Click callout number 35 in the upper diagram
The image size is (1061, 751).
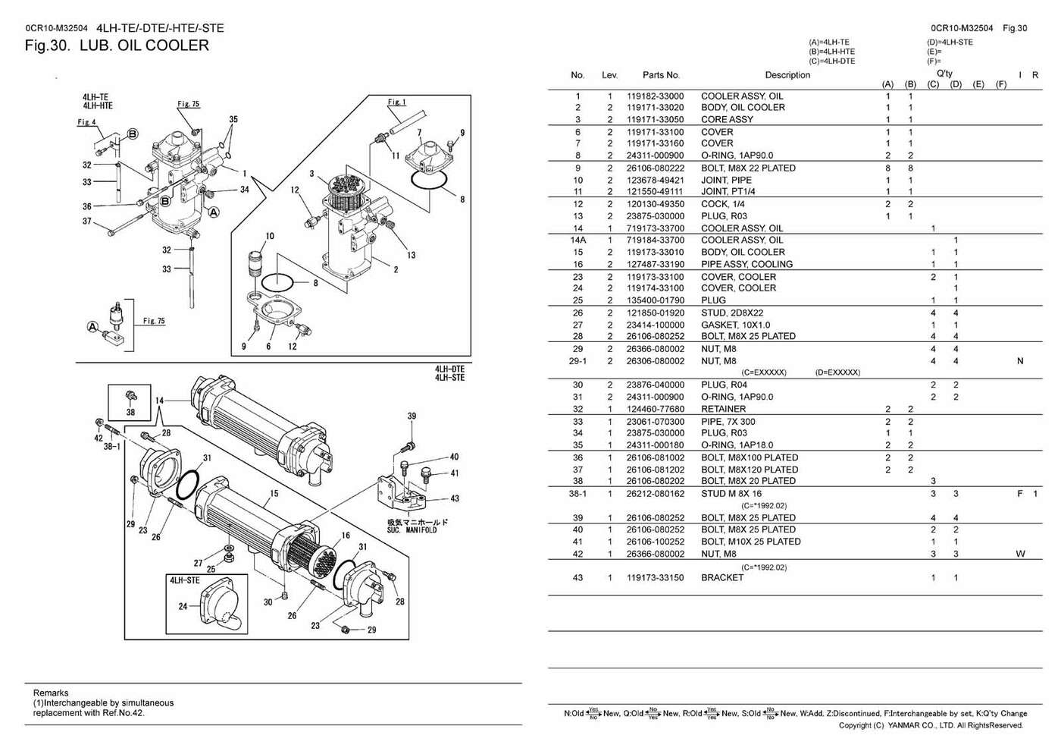point(233,119)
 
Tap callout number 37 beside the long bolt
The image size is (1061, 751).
point(87,222)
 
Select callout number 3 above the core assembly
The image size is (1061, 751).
point(311,174)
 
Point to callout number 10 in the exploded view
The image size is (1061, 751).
point(270,236)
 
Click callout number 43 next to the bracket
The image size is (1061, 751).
point(454,498)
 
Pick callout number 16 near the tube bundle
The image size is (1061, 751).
point(346,536)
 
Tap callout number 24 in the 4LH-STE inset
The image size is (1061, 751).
point(183,606)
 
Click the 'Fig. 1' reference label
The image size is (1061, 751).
point(396,102)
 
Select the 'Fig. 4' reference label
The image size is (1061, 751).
point(86,122)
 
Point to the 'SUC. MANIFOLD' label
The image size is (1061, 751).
point(412,529)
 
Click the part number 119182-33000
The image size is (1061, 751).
point(655,96)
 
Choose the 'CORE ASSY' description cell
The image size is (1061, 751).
point(727,119)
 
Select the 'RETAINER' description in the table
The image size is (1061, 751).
point(723,409)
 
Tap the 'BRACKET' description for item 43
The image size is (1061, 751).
point(722,577)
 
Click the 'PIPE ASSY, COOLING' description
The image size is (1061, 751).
point(746,264)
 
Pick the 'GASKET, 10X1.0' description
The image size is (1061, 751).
point(735,325)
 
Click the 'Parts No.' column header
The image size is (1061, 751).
point(661,75)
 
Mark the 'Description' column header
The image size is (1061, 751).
point(787,75)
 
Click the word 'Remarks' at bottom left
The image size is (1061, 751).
point(51,693)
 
